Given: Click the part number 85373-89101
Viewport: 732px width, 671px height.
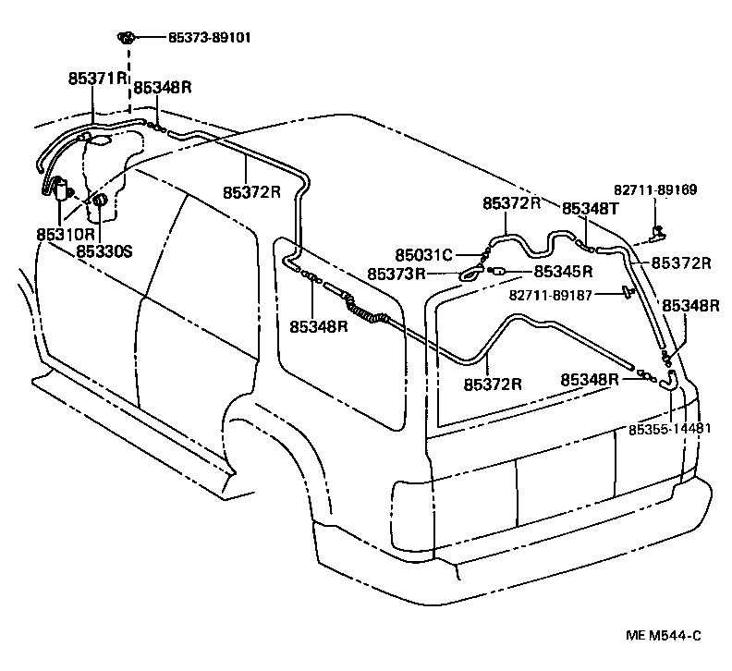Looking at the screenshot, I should point(209,38).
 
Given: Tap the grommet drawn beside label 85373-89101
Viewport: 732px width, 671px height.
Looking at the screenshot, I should point(127,38).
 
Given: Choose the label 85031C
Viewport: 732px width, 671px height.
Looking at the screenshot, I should point(423,254).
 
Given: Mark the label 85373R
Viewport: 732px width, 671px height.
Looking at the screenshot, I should point(396,274).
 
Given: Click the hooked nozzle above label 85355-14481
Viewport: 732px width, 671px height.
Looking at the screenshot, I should point(670,376).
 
